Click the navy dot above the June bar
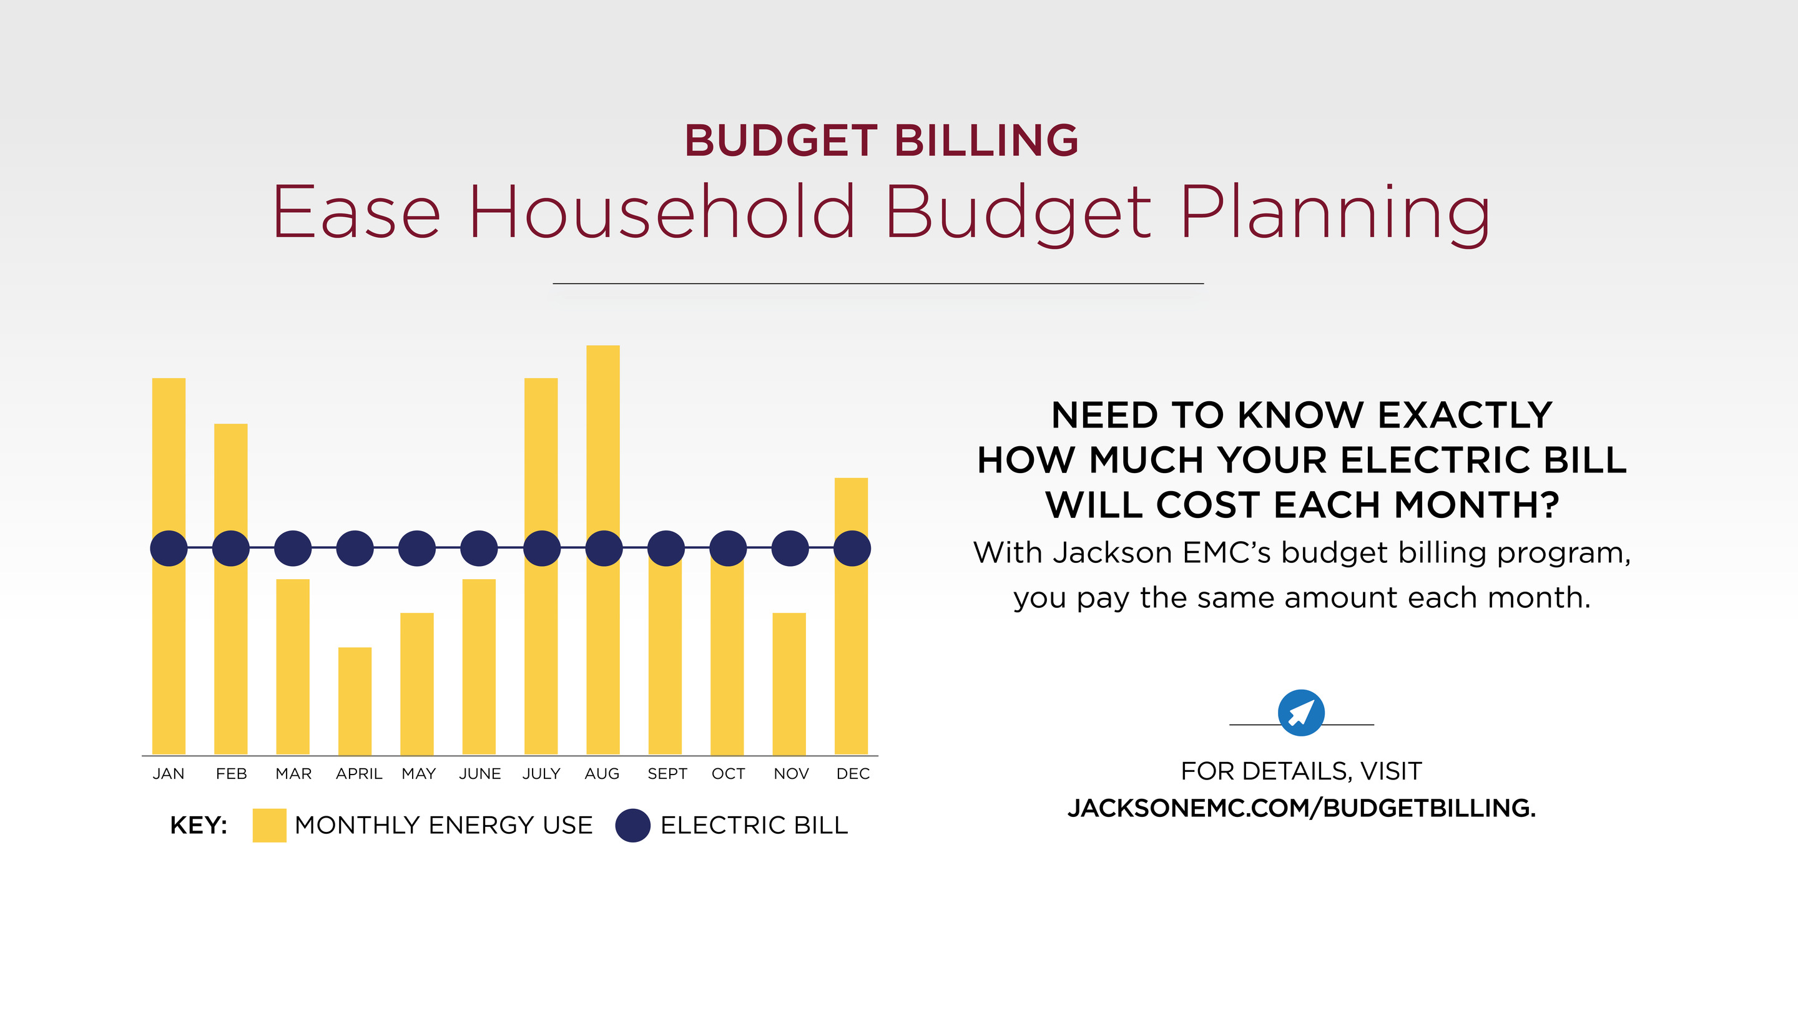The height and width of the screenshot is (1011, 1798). [479, 548]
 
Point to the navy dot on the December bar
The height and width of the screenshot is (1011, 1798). [852, 548]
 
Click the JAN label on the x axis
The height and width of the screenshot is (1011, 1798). [168, 773]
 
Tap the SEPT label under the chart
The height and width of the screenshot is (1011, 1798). [667, 773]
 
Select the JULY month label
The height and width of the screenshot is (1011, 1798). [541, 773]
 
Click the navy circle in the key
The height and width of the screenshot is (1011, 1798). [632, 826]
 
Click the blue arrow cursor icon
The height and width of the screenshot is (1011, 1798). [1300, 712]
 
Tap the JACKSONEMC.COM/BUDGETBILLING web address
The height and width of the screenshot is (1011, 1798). [1301, 808]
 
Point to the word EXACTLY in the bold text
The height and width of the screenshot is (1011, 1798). [1465, 415]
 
